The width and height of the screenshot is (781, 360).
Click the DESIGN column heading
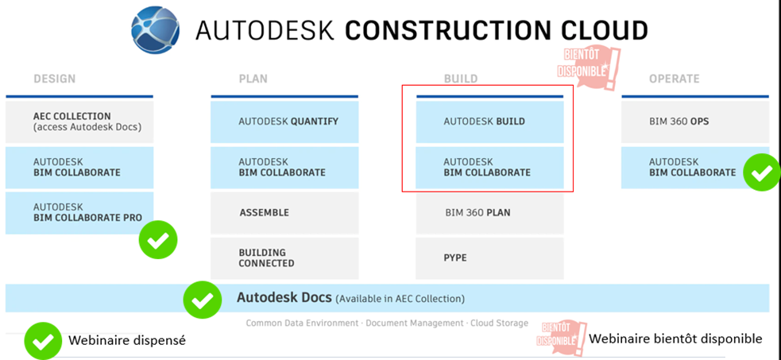(x=55, y=79)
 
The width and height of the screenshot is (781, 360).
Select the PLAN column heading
(x=253, y=79)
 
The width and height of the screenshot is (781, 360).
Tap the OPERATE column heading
(x=674, y=79)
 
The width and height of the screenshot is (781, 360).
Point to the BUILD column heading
(x=461, y=79)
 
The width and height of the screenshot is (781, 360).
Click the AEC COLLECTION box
(x=79, y=122)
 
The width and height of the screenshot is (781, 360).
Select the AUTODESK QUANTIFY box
(x=284, y=122)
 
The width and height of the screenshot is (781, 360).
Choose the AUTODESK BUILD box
(x=489, y=122)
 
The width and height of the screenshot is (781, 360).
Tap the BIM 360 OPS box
(x=695, y=122)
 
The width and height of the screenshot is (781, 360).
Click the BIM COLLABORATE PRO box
(x=79, y=213)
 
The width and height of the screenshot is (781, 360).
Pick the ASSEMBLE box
(x=284, y=213)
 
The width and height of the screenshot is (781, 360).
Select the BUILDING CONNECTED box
(x=284, y=258)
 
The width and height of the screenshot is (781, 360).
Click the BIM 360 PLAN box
(x=489, y=213)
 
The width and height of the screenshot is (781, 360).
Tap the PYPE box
(x=489, y=258)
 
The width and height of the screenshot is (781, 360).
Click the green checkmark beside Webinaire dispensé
(x=44, y=341)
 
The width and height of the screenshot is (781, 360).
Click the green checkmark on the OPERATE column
(x=762, y=172)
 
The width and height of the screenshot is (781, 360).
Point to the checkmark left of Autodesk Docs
(x=203, y=300)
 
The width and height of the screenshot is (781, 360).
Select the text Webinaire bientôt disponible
(x=675, y=339)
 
